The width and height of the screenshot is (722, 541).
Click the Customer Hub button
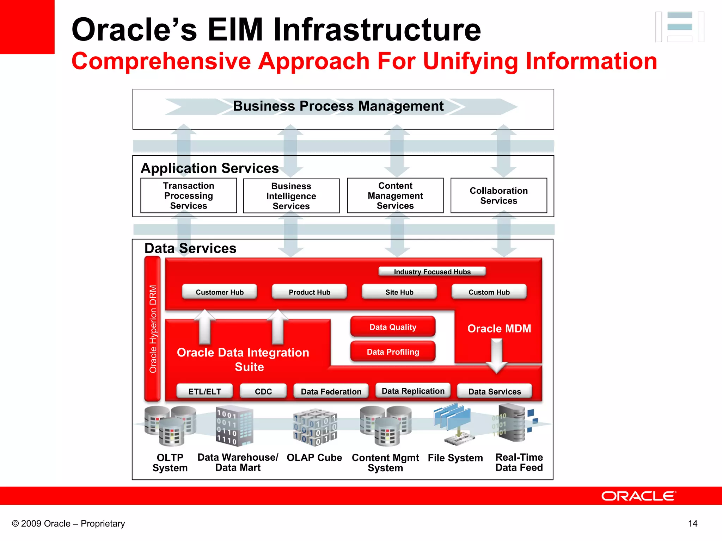click(219, 292)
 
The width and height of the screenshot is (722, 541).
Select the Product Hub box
click(309, 292)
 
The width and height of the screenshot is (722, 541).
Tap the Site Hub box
click(399, 292)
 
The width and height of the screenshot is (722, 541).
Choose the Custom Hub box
click(489, 292)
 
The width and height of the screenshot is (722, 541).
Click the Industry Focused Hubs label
click(432, 272)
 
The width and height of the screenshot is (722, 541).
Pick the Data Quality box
click(393, 327)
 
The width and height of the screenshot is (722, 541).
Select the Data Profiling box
click(393, 352)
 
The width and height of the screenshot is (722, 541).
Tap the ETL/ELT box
click(204, 391)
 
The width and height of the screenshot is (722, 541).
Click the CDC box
click(263, 391)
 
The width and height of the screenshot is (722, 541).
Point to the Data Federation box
click(331, 391)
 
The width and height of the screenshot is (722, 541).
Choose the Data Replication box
click(413, 391)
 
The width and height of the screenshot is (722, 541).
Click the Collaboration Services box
click(498, 195)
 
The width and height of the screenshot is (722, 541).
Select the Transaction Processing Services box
click(189, 195)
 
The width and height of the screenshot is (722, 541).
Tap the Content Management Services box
click(395, 195)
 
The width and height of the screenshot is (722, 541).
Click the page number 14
click(692, 523)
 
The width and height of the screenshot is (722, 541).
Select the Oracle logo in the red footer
click(638, 496)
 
